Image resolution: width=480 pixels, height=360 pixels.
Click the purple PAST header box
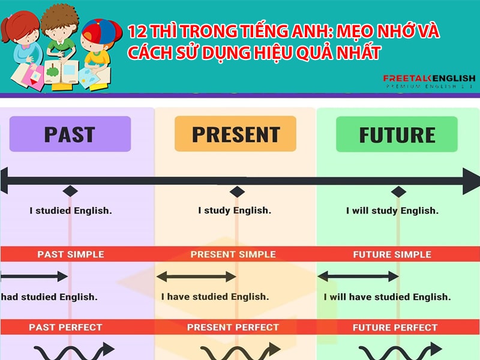tap(70, 134)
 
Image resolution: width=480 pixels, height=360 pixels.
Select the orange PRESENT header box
tap(235, 134)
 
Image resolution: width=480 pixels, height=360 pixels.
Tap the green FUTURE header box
tap(397, 134)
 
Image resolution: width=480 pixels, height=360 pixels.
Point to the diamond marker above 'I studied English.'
tap(70, 191)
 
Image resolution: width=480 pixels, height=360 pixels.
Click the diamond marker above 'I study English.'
tap(238, 191)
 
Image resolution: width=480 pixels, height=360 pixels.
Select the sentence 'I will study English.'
tap(392, 211)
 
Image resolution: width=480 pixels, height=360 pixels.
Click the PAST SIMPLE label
tap(70, 254)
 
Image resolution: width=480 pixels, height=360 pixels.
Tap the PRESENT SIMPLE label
tap(233, 254)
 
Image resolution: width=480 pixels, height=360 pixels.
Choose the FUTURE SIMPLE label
tap(392, 254)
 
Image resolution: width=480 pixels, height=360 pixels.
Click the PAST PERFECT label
tap(65, 328)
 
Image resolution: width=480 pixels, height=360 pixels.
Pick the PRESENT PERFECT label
tap(233, 328)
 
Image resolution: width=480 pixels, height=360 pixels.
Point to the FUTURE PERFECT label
tap(395, 328)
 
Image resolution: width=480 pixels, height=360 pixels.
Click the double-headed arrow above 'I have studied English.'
tap(196, 277)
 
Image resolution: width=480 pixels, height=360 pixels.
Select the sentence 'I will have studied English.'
tap(387, 297)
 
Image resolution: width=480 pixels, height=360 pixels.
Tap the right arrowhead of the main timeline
tap(470, 181)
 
